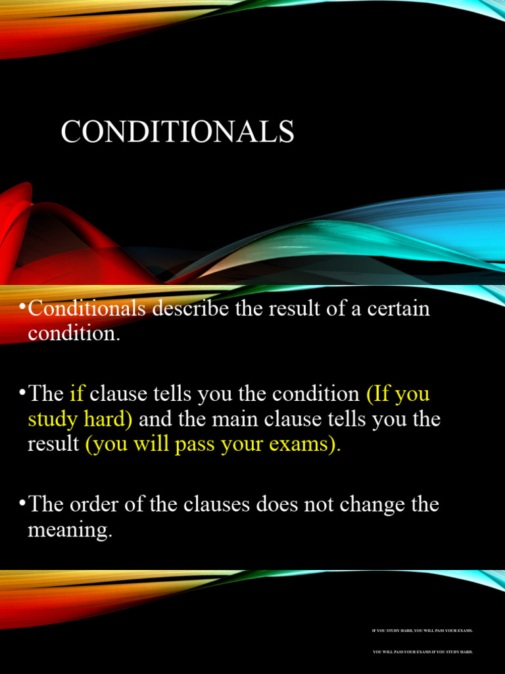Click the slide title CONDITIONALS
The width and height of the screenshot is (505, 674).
[178, 131]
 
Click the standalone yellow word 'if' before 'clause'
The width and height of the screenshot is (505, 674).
[77, 394]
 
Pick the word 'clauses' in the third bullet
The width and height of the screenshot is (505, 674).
[243, 505]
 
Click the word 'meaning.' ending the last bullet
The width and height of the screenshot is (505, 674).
[70, 530]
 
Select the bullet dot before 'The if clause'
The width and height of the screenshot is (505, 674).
[23, 394]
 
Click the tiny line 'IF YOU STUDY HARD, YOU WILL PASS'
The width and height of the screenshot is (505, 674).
[422, 631]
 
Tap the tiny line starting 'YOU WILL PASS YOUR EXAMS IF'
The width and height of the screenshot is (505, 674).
[422, 652]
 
